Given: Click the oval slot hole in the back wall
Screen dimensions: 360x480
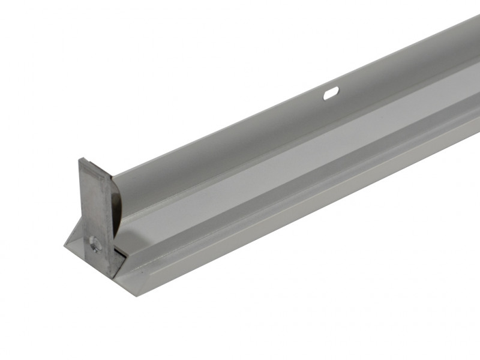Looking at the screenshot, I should [331, 92].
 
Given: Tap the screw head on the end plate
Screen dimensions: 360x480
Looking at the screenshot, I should [94, 242].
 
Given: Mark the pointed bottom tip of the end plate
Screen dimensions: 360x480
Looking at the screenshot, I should [110, 277].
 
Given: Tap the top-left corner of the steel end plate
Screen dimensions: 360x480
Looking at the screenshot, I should [80, 159].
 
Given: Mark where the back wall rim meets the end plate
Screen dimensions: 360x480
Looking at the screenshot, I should [113, 175].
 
